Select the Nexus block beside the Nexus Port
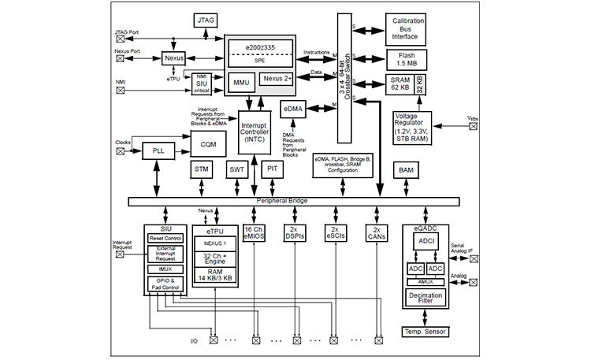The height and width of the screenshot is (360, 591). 173,58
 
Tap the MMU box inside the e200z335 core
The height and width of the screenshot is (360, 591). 240,80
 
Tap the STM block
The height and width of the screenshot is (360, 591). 200,170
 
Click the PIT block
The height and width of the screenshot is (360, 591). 272,170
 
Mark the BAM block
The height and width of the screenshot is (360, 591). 407,170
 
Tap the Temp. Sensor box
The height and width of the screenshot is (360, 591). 425,332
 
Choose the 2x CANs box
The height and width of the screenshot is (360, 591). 377,232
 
